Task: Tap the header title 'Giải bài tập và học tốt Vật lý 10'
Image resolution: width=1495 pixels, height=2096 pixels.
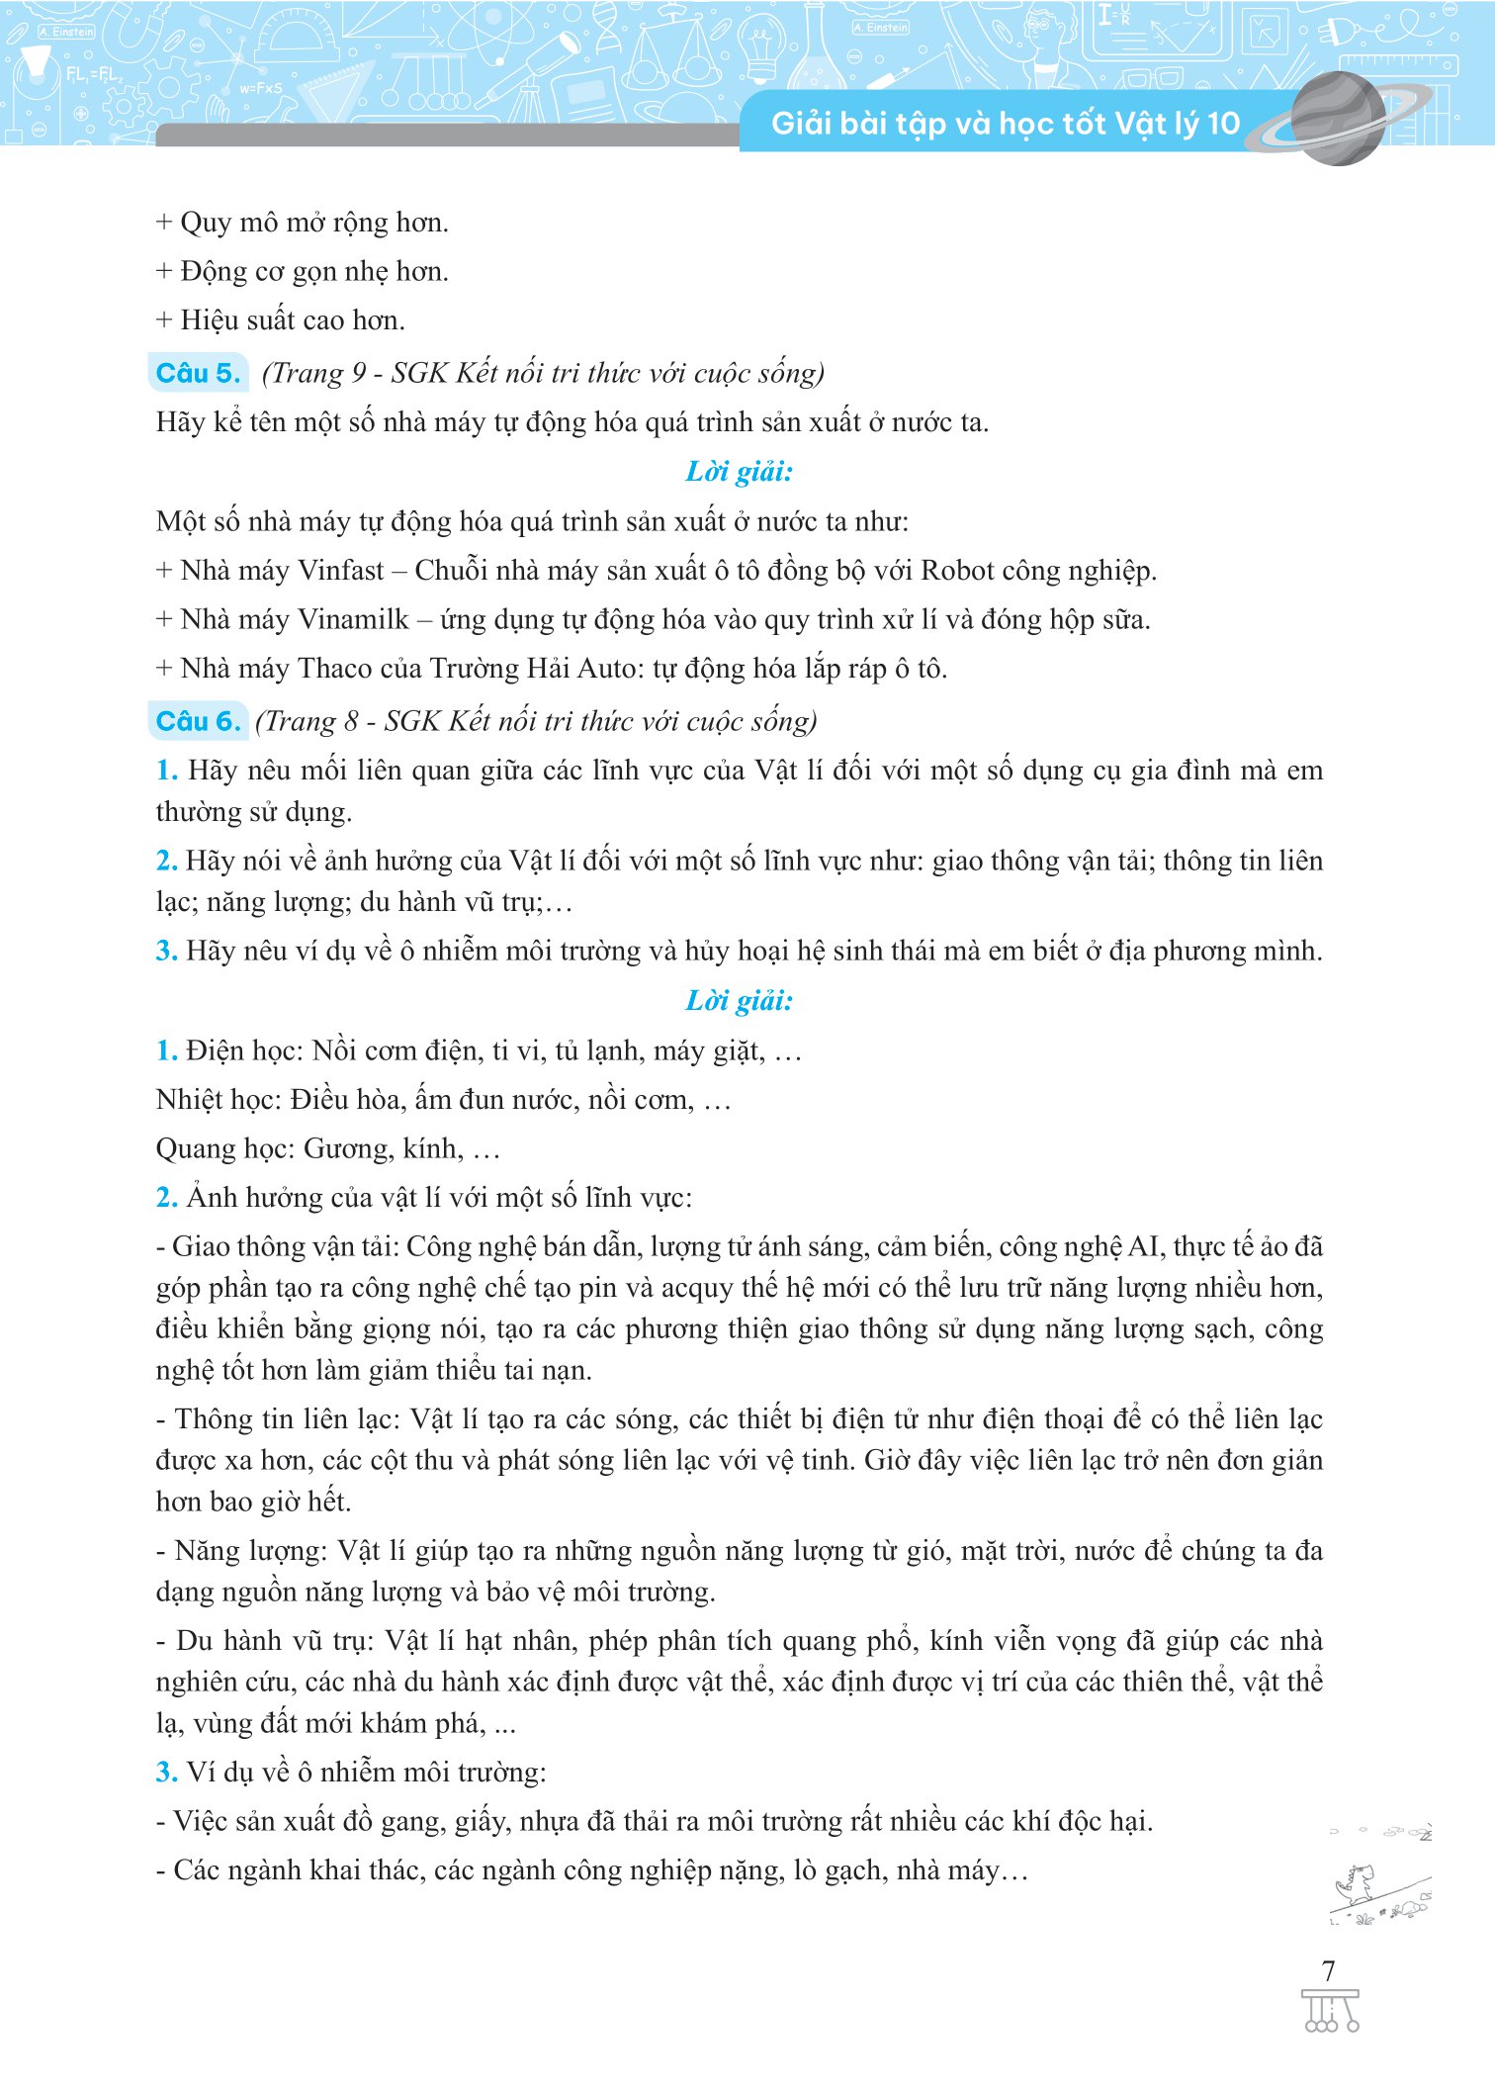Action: pyautogui.click(x=1005, y=124)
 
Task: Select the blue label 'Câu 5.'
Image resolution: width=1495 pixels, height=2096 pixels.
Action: pyautogui.click(x=198, y=373)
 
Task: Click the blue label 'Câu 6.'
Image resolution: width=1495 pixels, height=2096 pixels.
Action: pyautogui.click(x=198, y=721)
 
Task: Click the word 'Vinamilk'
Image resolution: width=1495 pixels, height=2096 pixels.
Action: pyautogui.click(x=353, y=620)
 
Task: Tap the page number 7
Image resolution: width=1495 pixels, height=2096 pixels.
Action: pyautogui.click(x=1329, y=1970)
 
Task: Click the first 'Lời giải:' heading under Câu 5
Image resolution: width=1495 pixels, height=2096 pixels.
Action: pyautogui.click(x=740, y=472)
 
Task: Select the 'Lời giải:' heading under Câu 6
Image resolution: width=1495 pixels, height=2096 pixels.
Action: pyautogui.click(x=740, y=1001)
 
